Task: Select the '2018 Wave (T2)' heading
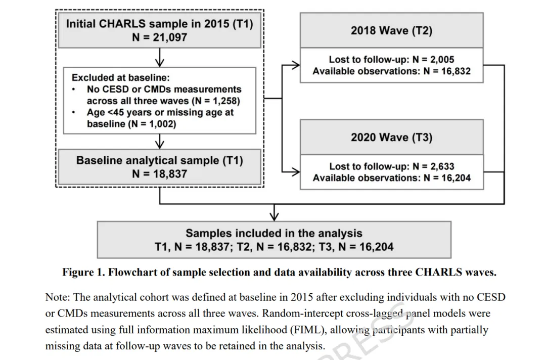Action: (x=391, y=30)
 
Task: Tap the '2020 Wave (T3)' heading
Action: (x=391, y=137)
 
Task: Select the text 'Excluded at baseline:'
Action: (x=121, y=78)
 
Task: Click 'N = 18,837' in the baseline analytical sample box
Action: (x=159, y=173)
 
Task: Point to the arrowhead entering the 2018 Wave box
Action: (x=297, y=64)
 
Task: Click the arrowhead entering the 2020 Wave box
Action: (x=297, y=171)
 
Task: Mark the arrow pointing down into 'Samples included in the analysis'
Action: (x=274, y=216)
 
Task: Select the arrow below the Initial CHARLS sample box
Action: (x=160, y=61)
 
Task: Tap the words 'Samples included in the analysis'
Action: (x=274, y=233)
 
